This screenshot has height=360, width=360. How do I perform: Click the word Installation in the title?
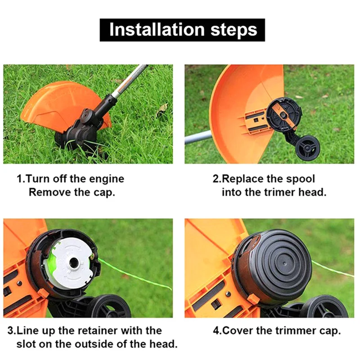[157, 30]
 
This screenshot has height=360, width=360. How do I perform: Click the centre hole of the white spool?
[74, 262]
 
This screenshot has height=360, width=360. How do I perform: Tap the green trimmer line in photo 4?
[333, 269]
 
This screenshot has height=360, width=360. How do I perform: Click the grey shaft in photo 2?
[199, 137]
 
